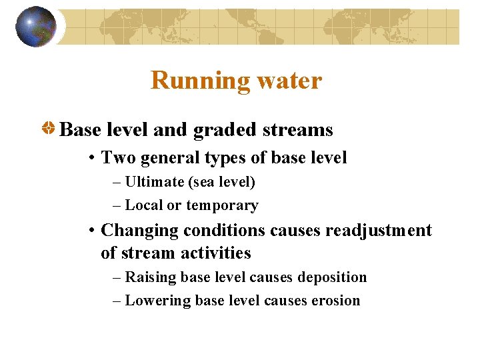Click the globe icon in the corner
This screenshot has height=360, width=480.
tap(35, 27)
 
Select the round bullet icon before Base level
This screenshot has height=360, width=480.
tap(48, 129)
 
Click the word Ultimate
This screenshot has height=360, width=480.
tap(153, 182)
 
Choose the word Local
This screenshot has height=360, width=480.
tap(143, 205)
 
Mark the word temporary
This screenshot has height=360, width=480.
tap(222, 205)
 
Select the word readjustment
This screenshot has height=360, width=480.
tap(378, 231)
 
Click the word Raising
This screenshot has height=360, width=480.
tap(149, 277)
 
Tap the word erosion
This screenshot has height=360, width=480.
tap(335, 301)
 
